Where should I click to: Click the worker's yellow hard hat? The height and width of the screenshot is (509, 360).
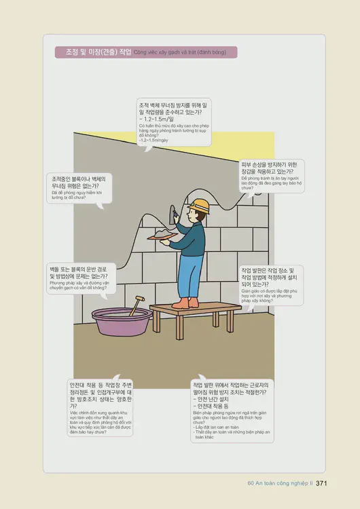click(198, 204)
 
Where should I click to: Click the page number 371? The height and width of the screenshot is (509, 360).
click(322, 483)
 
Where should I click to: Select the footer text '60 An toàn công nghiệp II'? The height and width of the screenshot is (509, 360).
click(279, 483)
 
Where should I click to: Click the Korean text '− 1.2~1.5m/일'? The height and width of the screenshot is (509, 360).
click(158, 119)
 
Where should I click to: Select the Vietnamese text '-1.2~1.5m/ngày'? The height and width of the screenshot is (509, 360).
click(154, 140)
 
